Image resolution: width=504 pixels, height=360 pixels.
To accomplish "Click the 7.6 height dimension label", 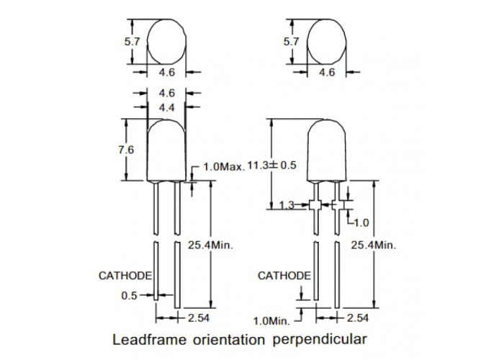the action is (126, 150).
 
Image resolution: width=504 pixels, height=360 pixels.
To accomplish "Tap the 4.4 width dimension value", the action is (167, 108).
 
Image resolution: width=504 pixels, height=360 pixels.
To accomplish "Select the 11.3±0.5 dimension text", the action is (272, 165).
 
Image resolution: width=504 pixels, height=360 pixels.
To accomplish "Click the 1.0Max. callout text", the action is (224, 166).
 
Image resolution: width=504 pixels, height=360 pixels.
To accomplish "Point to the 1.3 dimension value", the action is (287, 204).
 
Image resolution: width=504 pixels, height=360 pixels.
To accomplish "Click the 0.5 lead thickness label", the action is (129, 295).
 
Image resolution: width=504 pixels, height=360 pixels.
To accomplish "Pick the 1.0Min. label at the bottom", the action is (271, 321).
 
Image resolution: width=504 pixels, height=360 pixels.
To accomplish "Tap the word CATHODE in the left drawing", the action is (125, 276).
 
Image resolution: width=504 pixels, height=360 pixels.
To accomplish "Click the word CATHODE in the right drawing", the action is (284, 276).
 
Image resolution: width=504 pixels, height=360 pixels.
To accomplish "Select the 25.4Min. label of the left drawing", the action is (210, 245).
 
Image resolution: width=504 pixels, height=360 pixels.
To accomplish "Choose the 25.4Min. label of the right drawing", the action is (374, 246).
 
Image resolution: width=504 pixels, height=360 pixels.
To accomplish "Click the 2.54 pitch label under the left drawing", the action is (199, 318).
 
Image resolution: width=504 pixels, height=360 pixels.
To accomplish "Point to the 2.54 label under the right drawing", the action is (358, 318).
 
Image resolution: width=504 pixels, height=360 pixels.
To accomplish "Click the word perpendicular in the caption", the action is (320, 340).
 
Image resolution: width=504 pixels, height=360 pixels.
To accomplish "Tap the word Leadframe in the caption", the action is (150, 339).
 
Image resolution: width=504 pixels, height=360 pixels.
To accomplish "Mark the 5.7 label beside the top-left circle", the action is (132, 42).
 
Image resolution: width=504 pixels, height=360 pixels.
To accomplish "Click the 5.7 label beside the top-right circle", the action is (291, 42).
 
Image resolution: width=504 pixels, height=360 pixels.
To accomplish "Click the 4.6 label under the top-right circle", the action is (327, 72).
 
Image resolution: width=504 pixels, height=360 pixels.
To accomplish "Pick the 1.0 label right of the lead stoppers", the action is (361, 222).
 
